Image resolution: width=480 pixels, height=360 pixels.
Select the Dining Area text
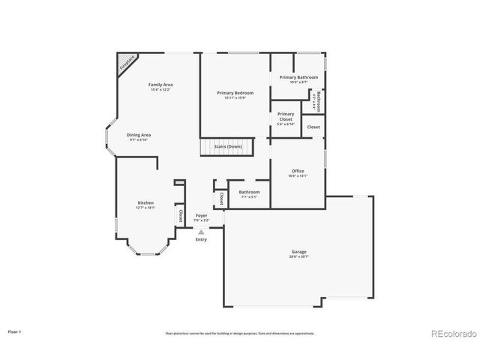(x=138, y=135)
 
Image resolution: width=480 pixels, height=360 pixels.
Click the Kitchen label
(x=145, y=203)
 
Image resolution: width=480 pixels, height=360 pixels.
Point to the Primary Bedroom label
(x=235, y=93)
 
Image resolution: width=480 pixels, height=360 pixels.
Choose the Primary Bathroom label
(x=298, y=77)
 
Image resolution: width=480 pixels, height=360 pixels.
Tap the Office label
(x=298, y=171)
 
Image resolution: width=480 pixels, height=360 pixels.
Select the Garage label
(x=298, y=252)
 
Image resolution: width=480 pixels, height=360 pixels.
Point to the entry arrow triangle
(x=201, y=232)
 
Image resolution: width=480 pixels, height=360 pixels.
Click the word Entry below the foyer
(x=201, y=239)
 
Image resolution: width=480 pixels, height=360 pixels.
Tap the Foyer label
(x=201, y=215)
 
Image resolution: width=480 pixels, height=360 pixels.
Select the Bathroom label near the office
(x=248, y=192)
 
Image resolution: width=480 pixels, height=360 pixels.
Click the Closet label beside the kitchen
(x=181, y=215)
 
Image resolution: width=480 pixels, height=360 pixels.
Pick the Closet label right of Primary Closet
(x=313, y=127)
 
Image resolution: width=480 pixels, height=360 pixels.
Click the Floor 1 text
(x=14, y=331)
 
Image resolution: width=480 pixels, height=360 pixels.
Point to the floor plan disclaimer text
(x=239, y=333)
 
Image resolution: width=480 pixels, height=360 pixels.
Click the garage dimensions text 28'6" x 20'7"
(x=298, y=256)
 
